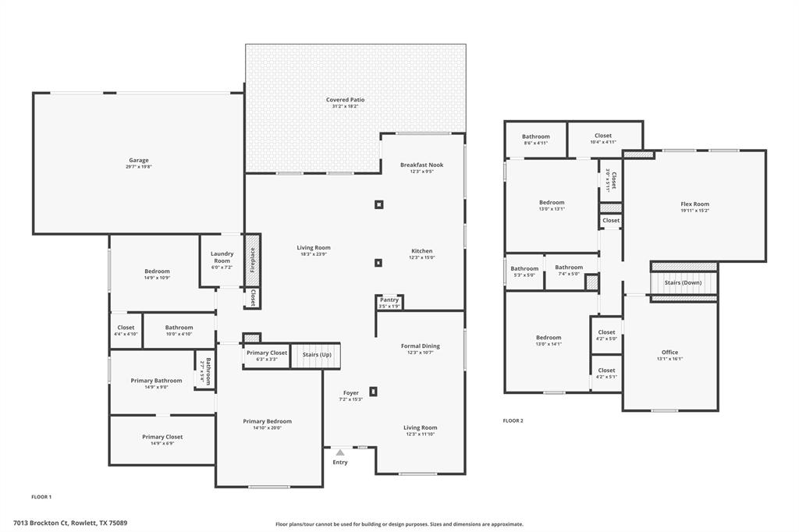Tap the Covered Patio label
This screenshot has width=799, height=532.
click(x=345, y=100)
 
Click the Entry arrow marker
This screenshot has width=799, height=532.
click(x=340, y=452)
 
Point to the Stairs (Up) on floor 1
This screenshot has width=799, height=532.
click(x=316, y=354)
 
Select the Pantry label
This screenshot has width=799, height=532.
click(x=389, y=300)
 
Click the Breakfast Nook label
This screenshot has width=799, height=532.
click(x=421, y=165)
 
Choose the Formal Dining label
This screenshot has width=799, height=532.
click(x=421, y=346)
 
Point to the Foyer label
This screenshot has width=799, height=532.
click(x=351, y=392)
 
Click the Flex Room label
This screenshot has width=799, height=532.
click(x=694, y=204)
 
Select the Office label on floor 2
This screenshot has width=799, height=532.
click(x=669, y=352)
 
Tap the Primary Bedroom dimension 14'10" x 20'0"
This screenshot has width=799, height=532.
click(x=267, y=427)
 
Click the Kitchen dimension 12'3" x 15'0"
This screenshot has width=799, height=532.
click(x=421, y=257)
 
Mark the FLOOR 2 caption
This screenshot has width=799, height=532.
click(x=513, y=420)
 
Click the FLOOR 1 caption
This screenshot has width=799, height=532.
click(x=41, y=496)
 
